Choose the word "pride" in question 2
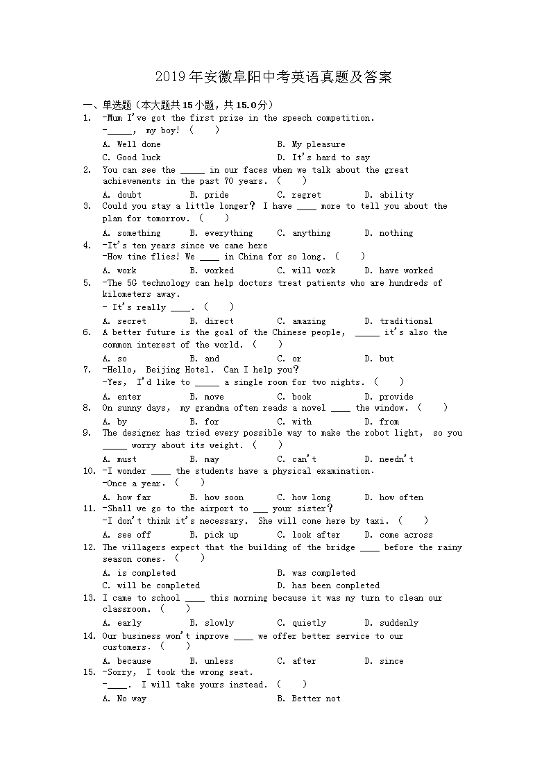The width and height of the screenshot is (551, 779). tap(217, 195)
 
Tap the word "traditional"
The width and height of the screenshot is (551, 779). tap(406, 321)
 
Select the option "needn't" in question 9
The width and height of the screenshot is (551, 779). tap(396, 459)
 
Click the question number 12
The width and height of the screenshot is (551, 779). tap(89, 547)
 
